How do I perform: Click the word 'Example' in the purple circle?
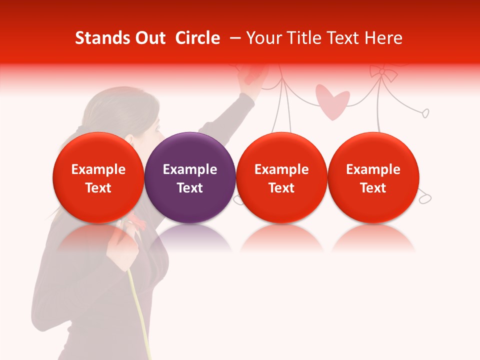[x=190, y=169]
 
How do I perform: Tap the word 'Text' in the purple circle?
[x=190, y=188]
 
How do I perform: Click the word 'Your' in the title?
[x=263, y=38]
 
